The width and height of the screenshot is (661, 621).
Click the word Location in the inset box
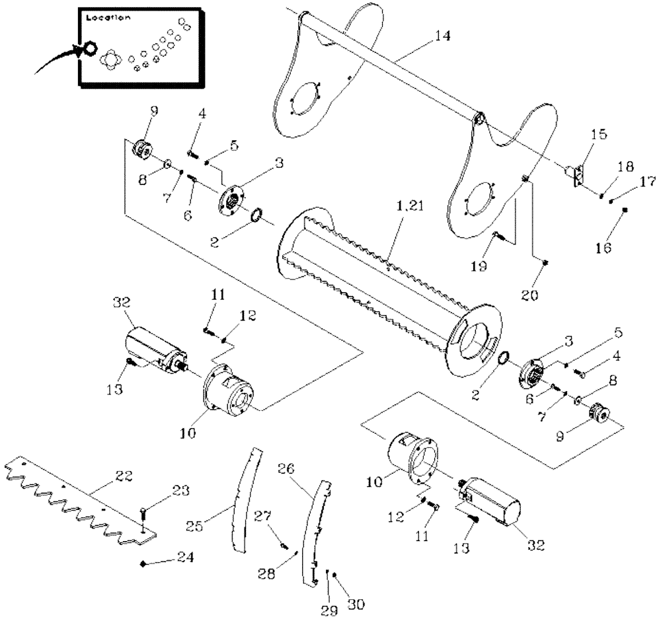click(x=108, y=18)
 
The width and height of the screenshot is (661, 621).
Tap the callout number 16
click(x=605, y=248)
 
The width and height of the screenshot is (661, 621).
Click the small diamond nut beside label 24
click(x=143, y=564)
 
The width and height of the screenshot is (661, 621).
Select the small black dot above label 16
click(x=626, y=210)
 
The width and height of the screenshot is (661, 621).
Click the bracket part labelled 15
click(x=576, y=174)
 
